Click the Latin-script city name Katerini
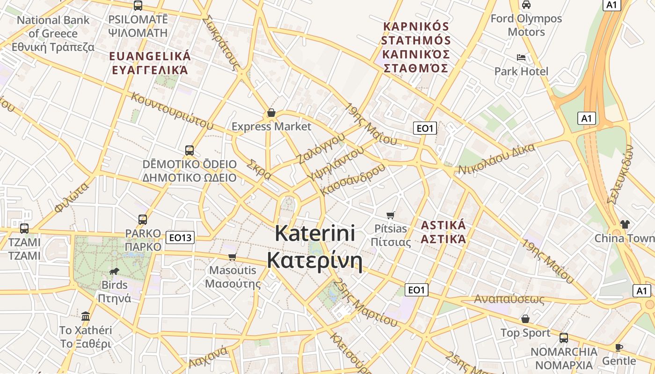[x=315, y=233]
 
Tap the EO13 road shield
[x=180, y=237]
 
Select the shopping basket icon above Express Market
[x=271, y=113]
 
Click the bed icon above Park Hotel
[x=521, y=58]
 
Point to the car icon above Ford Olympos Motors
[x=526, y=5]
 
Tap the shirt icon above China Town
[x=625, y=224]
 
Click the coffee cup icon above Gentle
[x=619, y=347]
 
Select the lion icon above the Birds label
[x=114, y=271]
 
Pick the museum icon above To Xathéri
[x=86, y=316]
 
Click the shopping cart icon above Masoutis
[x=232, y=257]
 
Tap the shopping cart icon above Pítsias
[x=391, y=215]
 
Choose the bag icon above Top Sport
[x=525, y=319]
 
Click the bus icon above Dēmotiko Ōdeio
[x=189, y=150]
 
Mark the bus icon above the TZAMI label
[x=24, y=229]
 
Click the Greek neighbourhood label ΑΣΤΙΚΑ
[x=443, y=240]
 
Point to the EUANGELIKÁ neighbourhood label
[x=150, y=57]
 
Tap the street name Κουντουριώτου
[x=172, y=110]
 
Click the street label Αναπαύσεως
[x=509, y=299]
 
